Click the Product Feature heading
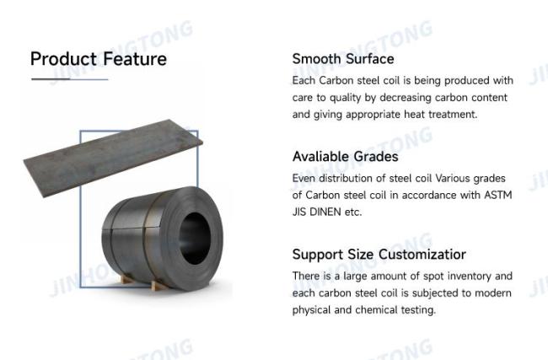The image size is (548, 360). [x=98, y=59]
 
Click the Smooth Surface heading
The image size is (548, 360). [x=343, y=59]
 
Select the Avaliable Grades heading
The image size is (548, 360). [x=346, y=157]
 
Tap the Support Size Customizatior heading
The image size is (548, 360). [x=379, y=255]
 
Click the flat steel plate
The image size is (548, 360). [x=113, y=158]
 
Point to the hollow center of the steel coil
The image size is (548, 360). [x=195, y=239]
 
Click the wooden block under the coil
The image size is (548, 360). [x=158, y=286]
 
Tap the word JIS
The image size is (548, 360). [x=299, y=212]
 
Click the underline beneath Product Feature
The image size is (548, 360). [x=69, y=79]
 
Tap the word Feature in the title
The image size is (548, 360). [x=135, y=59]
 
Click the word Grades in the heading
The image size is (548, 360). [x=376, y=157]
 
